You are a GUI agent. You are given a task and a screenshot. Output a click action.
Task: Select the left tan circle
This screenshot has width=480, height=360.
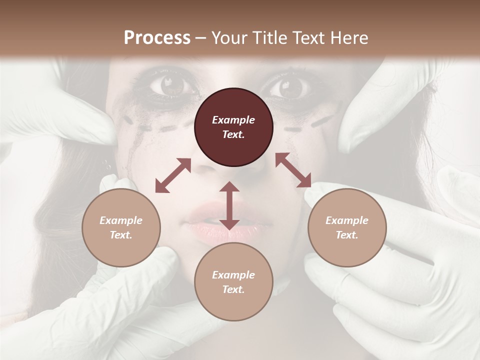click(121, 227)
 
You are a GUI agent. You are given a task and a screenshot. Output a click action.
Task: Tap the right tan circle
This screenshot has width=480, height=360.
click(347, 227)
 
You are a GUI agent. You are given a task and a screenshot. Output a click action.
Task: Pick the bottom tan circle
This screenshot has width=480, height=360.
click(233, 282)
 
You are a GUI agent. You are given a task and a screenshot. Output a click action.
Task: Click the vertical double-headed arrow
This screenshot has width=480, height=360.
click(229, 205)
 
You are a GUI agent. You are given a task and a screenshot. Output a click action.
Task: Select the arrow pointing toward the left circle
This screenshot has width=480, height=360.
click(173, 175)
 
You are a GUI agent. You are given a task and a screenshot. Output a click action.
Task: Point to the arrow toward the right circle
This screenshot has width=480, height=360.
click(293, 170)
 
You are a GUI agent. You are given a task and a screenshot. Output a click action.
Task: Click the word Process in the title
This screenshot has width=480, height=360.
click(157, 38)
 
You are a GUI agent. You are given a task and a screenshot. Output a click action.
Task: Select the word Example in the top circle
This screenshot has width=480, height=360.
click(233, 120)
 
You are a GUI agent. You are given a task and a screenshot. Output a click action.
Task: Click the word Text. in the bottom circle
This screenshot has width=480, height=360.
click(233, 289)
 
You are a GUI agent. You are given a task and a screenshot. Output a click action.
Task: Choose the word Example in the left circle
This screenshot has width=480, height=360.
click(121, 220)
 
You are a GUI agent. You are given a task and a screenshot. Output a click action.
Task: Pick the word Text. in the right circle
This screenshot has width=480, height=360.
click(347, 235)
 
